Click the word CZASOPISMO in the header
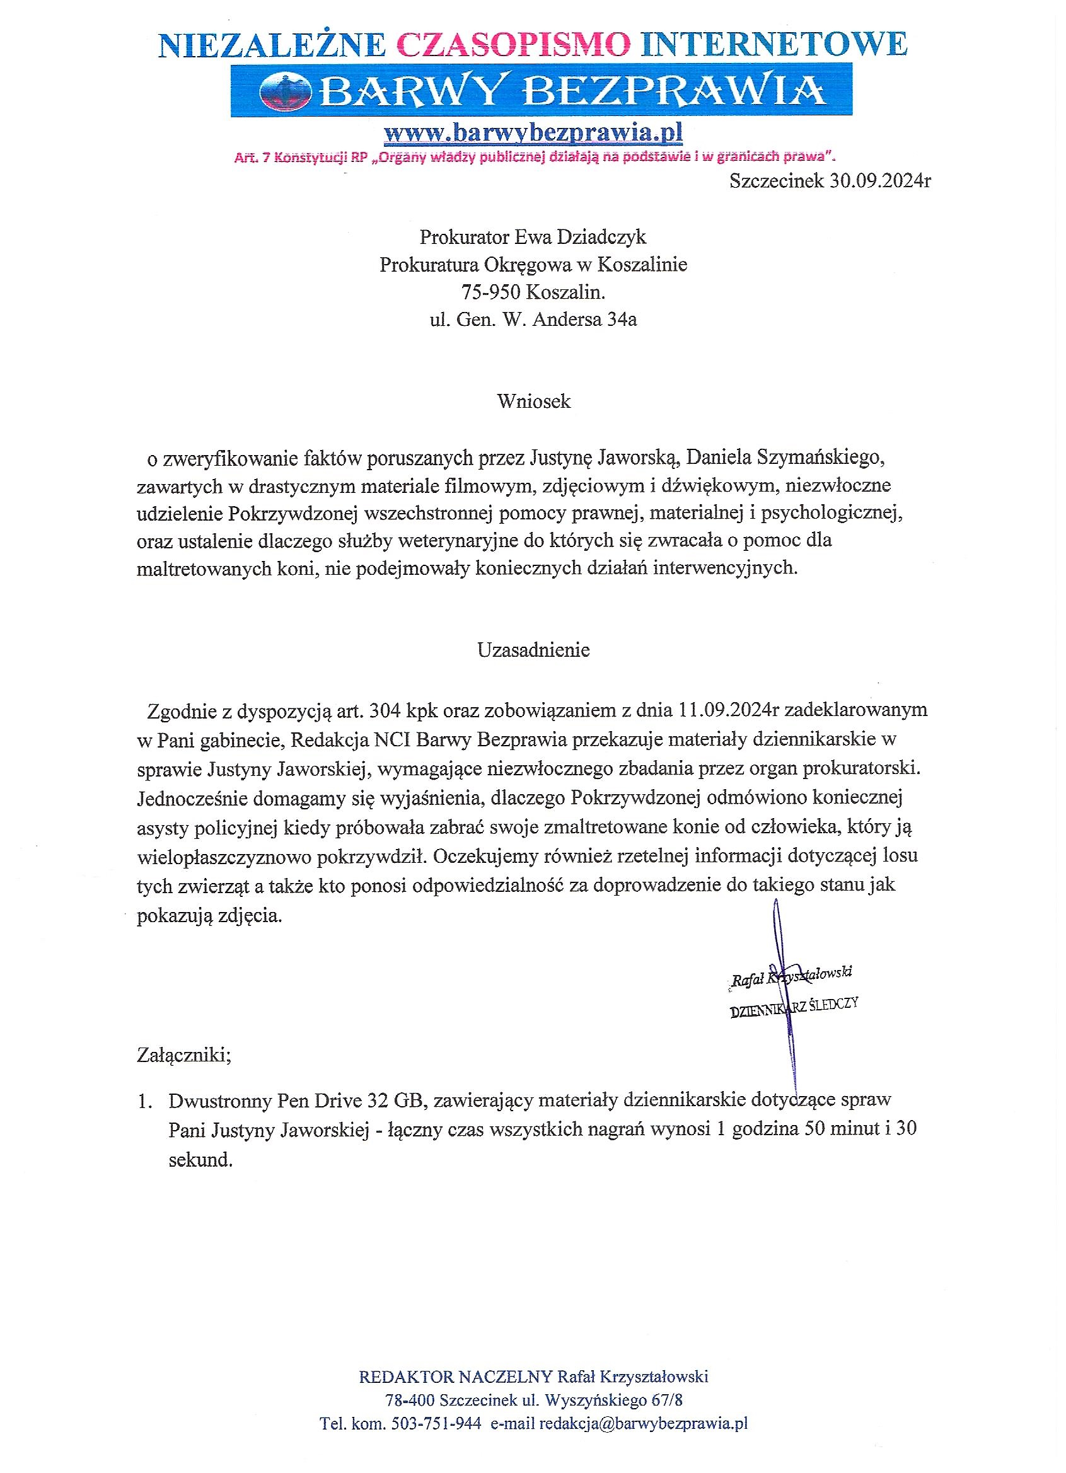click(513, 45)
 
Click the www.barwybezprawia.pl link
click(533, 132)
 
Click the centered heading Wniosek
click(533, 401)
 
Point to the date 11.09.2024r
click(728, 710)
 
